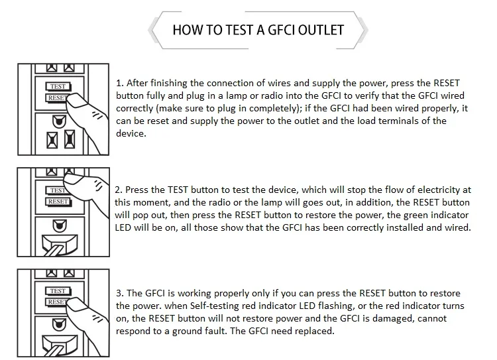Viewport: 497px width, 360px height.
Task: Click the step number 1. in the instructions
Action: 120,84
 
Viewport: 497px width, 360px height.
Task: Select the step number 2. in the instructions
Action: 120,190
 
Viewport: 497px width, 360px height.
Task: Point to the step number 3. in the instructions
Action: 120,294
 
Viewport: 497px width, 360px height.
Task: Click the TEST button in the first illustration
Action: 58,86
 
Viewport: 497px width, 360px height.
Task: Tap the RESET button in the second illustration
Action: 58,201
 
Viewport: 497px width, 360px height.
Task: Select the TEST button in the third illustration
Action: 58,290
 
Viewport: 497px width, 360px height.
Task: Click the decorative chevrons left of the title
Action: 157,30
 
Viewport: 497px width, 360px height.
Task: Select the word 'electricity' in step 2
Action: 433,190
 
